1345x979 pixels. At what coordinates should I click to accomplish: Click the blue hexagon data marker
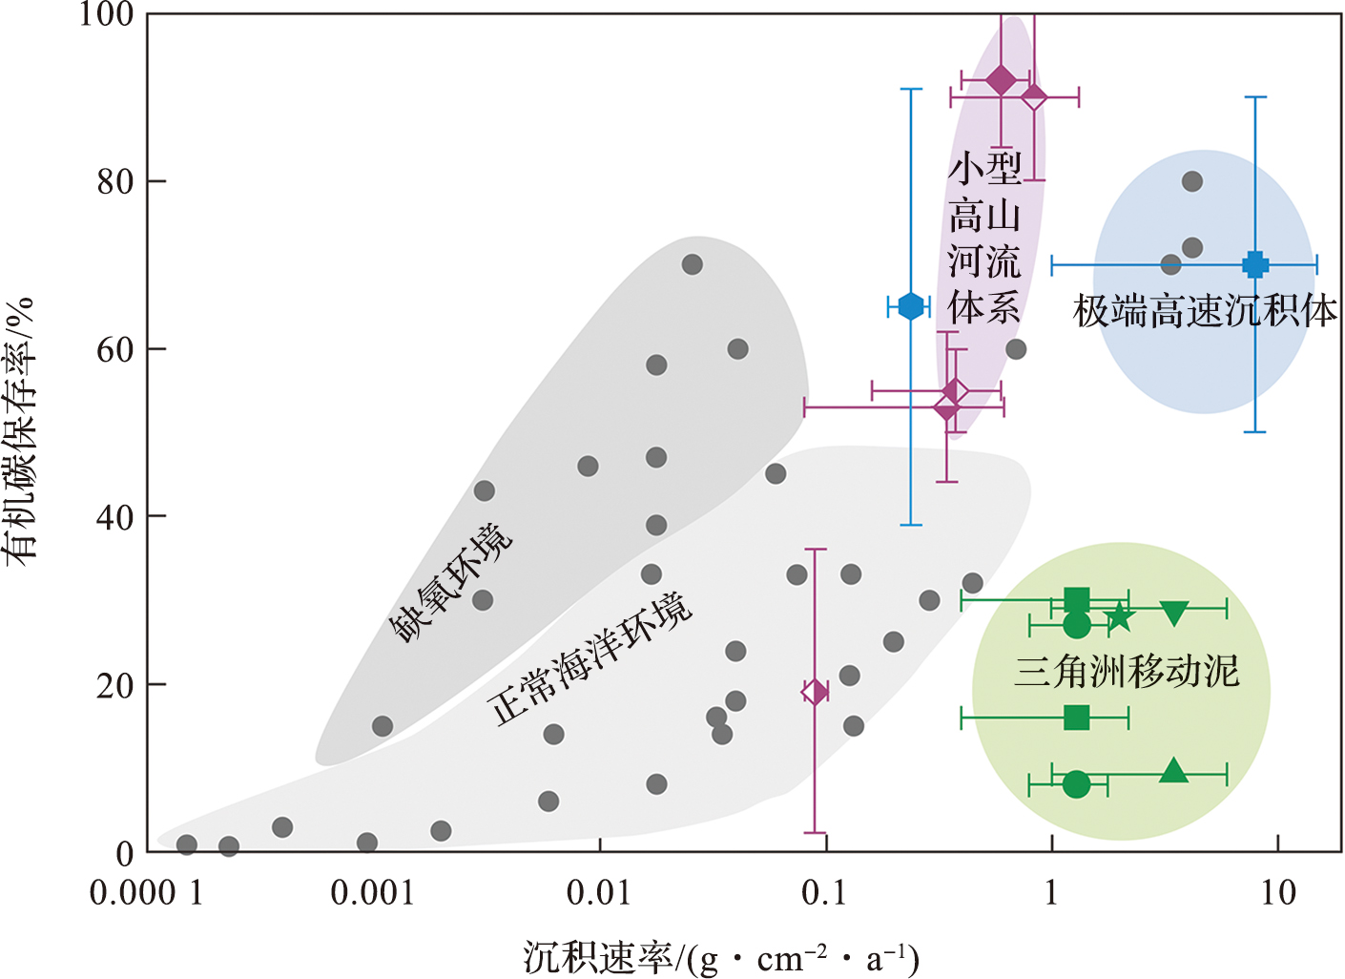pyautogui.click(x=911, y=306)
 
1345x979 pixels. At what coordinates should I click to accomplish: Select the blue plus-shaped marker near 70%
pyautogui.click(x=1255, y=264)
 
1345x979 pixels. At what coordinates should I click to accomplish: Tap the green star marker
pyautogui.click(x=1120, y=617)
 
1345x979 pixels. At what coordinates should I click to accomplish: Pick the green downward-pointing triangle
pyautogui.click(x=1174, y=613)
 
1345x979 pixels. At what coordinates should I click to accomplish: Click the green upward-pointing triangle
pyautogui.click(x=1174, y=771)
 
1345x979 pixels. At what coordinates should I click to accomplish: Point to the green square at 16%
pyautogui.click(x=1076, y=718)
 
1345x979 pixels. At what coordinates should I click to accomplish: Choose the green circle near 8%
pyautogui.click(x=1076, y=784)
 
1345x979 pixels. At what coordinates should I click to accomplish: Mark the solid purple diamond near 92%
pyautogui.click(x=1001, y=80)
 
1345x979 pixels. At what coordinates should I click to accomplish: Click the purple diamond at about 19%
pyautogui.click(x=815, y=692)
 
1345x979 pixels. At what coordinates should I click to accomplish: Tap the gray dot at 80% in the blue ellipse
pyautogui.click(x=1191, y=181)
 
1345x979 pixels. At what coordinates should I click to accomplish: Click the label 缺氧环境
pyautogui.click(x=450, y=582)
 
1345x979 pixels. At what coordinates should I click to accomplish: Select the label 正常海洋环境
pyautogui.click(x=590, y=658)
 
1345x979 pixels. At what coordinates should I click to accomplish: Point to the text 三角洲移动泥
pyautogui.click(x=1127, y=671)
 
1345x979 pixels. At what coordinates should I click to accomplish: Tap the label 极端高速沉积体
pyautogui.click(x=1206, y=311)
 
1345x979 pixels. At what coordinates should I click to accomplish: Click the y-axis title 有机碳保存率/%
pyautogui.click(x=21, y=429)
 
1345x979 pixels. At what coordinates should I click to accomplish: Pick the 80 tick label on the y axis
pyautogui.click(x=115, y=181)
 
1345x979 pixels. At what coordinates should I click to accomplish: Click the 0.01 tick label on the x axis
pyautogui.click(x=599, y=893)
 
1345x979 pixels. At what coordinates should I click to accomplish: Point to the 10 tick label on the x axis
pyautogui.click(x=1278, y=893)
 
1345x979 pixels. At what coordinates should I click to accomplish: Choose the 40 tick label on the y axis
pyautogui.click(x=115, y=516)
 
